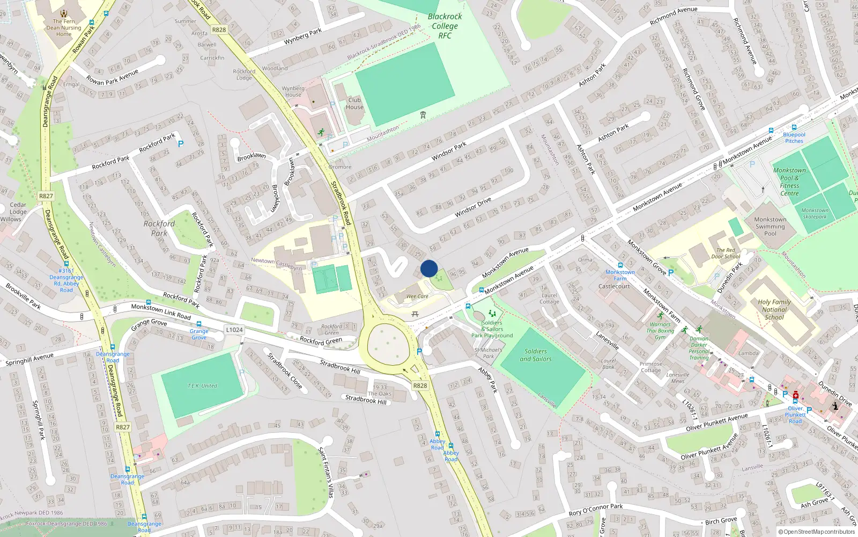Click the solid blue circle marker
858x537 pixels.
429,268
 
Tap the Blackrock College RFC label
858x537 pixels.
445,26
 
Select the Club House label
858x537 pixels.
354,104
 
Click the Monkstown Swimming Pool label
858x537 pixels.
770,226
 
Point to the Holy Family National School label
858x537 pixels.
774,309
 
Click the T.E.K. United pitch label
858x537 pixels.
202,386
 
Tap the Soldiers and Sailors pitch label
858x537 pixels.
536,355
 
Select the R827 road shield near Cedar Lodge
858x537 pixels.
46,196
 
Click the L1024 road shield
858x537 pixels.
234,330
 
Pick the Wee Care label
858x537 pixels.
417,296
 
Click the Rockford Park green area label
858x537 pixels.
159,228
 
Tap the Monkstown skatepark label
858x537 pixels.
815,213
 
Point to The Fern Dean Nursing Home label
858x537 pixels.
64,28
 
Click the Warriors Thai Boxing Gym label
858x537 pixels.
660,331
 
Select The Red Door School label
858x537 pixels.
726,253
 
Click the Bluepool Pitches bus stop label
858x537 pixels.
794,138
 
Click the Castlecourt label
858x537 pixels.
614,286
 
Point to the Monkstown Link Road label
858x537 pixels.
161,311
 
